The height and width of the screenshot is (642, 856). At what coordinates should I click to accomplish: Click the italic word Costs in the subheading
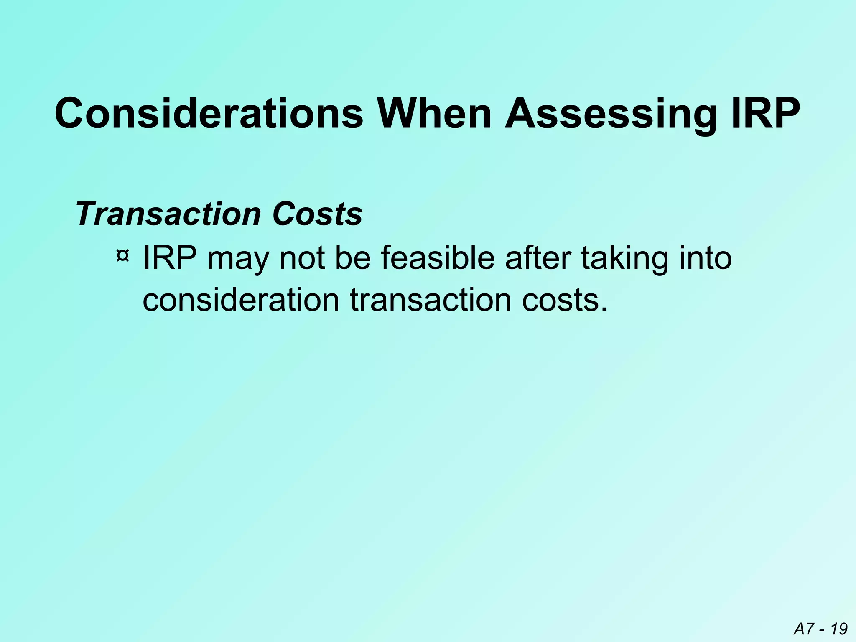pos(317,214)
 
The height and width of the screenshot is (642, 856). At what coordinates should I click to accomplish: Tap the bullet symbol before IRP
pos(122,255)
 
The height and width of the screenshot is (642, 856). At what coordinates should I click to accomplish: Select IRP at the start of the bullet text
pos(170,258)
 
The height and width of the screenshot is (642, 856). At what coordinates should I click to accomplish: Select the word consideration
pos(241,300)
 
